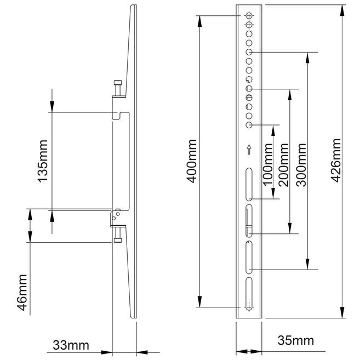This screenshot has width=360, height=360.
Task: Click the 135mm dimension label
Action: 43,161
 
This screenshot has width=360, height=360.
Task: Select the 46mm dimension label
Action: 22,292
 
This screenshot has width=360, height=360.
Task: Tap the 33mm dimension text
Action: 71,345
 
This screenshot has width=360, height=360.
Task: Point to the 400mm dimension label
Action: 191,161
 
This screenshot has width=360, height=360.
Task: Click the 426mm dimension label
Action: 335,161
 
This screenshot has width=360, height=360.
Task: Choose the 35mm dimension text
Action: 295,340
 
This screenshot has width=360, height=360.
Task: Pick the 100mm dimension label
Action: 267,165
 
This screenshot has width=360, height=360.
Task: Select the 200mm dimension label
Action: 283,165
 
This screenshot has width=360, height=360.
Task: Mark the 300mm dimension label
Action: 301,165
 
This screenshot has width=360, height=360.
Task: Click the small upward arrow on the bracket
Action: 249,150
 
